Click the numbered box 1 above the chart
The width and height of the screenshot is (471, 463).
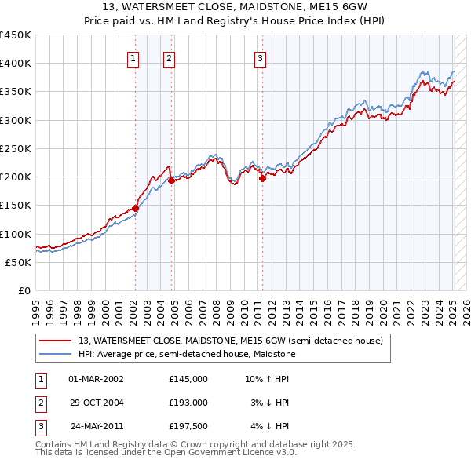point(133,57)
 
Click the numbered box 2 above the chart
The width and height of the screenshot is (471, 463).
point(170,57)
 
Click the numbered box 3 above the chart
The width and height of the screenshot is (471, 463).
point(260,57)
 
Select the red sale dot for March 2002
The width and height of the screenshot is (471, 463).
point(135,208)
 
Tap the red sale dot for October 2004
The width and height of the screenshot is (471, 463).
point(171,180)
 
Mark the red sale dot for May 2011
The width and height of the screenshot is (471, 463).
point(262,178)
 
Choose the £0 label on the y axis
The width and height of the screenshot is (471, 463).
point(24,290)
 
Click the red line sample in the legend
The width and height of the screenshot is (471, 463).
point(55,341)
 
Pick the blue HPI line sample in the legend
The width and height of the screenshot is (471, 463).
point(55,354)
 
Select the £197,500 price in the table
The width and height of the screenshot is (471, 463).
point(188,426)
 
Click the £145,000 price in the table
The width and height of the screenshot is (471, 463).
point(188,379)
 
